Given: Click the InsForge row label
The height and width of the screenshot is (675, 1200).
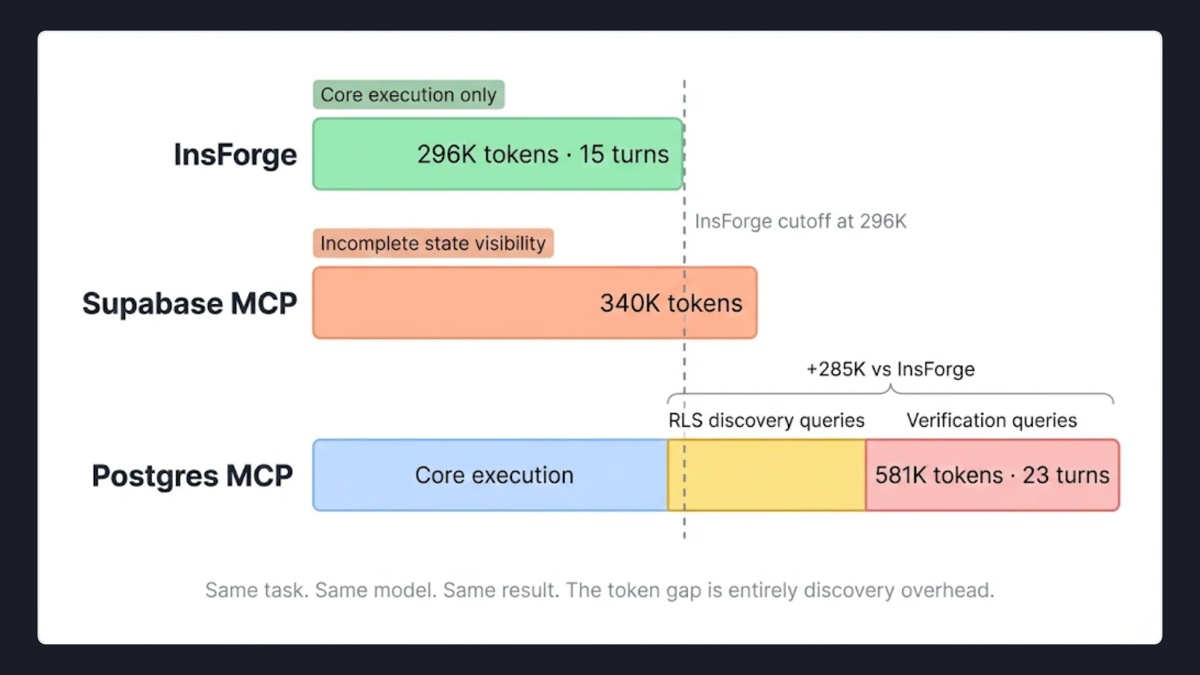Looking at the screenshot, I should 235,154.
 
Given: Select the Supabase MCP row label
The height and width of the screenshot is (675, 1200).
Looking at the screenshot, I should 189,304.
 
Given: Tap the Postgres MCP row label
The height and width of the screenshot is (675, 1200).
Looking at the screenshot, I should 192,476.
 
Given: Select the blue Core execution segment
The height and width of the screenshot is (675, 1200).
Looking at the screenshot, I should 491,476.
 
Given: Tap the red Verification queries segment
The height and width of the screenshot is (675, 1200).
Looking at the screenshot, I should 992,476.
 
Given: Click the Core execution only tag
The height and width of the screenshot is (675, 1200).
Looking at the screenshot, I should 408,95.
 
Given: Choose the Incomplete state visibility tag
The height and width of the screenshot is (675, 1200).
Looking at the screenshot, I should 433,243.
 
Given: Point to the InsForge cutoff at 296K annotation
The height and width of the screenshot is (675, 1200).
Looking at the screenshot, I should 800,221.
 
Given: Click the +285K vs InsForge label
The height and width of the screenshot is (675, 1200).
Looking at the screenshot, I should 890,369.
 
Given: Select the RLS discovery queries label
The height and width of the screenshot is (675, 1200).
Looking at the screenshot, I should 766,421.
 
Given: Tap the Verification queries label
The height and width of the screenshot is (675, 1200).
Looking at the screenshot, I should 992,421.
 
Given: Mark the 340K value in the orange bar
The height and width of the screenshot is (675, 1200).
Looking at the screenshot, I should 629,304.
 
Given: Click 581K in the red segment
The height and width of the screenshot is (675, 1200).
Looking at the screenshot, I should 900,476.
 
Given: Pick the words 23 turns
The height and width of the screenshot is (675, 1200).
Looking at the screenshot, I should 1066,476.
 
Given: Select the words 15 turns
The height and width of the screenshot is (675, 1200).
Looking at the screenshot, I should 624,154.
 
